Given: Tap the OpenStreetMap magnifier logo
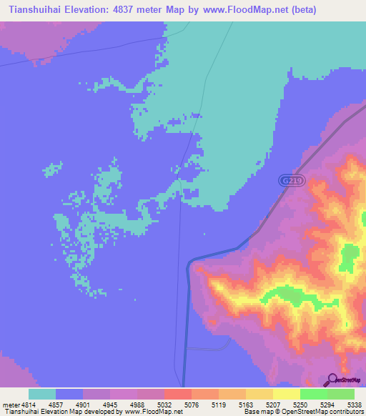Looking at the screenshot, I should click(332, 380).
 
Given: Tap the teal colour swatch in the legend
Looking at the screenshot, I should click(42, 394).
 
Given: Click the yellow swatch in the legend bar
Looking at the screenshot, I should click(286, 394).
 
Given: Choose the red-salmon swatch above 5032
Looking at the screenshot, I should click(177, 394).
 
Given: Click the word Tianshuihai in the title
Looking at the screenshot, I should click(34, 10).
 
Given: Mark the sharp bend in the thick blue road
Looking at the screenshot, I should click(189, 262).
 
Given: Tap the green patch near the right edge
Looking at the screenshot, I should click(350, 257).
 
